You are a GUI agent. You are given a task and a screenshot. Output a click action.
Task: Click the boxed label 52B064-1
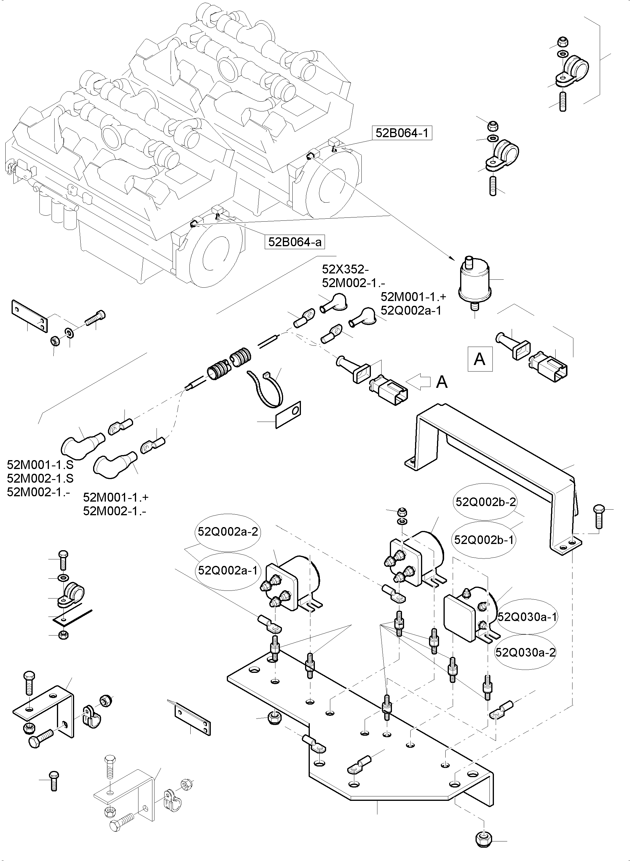[x=402, y=133]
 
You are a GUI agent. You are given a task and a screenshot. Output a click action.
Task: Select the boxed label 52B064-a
[x=294, y=242]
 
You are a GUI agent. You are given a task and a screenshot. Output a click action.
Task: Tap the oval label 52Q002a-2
[x=228, y=531]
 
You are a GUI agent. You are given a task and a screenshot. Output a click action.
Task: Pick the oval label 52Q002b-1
[x=484, y=540]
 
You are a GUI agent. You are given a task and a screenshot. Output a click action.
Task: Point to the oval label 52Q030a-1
[x=527, y=616]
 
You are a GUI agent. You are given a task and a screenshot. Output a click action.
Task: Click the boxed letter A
[x=480, y=359]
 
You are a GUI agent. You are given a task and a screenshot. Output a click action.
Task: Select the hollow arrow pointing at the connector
[x=418, y=382]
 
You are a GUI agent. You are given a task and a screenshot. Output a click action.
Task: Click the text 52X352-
[x=345, y=269]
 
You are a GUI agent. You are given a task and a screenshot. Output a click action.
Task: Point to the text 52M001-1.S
[x=40, y=465]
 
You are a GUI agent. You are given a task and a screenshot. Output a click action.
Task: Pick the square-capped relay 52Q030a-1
[x=469, y=614]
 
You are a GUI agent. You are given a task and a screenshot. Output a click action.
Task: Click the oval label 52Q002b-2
[x=485, y=502]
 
